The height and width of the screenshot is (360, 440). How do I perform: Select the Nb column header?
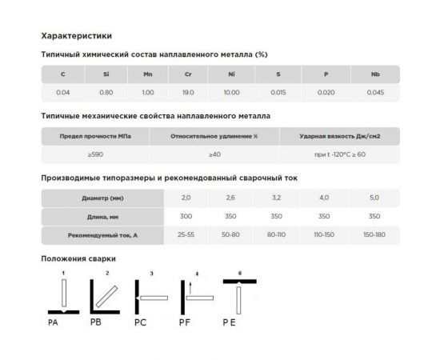click(x=375, y=74)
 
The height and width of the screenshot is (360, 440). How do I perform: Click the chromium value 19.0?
click(x=187, y=93)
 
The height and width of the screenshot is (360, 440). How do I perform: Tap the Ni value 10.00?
click(x=231, y=93)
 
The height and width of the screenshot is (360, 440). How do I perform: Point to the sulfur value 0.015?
click(x=278, y=93)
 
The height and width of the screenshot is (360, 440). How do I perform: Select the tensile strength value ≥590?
click(x=95, y=153)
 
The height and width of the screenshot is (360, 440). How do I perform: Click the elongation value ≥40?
click(x=214, y=153)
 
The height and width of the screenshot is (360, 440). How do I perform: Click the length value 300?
click(x=186, y=214)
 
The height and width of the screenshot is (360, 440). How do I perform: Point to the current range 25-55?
click(x=186, y=234)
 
